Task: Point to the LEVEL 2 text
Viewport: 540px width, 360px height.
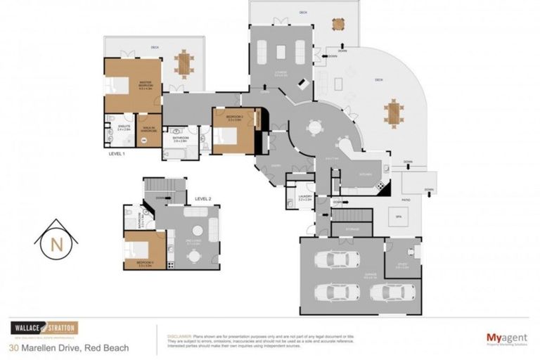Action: [203, 199]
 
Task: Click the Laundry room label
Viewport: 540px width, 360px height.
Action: [305, 200]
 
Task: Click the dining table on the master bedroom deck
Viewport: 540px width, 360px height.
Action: [185, 64]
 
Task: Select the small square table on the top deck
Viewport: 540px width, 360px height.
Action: [338, 23]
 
